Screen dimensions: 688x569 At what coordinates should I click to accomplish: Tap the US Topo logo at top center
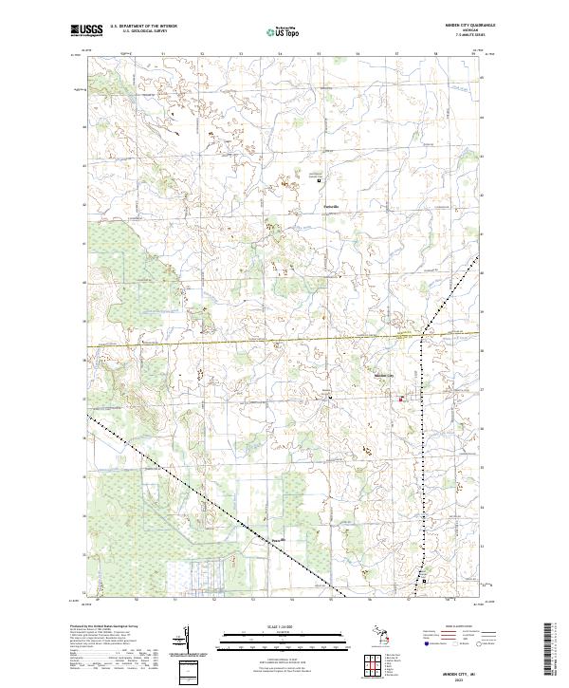point(284,31)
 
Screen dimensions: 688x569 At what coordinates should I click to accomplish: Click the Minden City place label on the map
point(384,377)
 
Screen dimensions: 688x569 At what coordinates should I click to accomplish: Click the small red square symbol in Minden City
point(401,400)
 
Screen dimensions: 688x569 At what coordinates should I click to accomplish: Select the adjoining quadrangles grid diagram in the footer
point(371,667)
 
